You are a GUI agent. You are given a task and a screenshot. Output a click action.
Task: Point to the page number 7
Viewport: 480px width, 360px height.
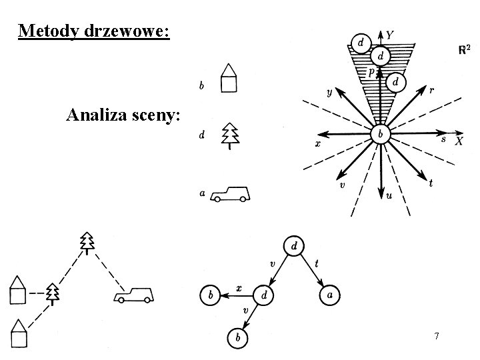click(436, 337)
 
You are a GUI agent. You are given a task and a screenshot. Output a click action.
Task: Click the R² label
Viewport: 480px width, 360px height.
click(465, 50)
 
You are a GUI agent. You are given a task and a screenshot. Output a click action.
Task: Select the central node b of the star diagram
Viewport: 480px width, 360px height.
click(380, 134)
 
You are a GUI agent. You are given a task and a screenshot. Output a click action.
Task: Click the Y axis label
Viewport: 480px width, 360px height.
click(390, 35)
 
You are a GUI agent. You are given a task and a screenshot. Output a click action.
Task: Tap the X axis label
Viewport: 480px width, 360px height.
click(459, 141)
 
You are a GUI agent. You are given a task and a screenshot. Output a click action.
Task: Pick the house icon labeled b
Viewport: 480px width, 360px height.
click(229, 79)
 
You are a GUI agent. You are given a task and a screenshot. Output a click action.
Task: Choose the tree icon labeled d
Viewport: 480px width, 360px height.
click(230, 135)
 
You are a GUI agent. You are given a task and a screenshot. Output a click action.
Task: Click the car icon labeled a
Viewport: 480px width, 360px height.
click(231, 194)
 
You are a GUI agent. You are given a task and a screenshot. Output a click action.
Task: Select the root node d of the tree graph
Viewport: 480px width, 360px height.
click(294, 246)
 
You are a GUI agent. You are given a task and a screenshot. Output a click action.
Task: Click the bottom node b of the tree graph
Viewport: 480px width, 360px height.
click(237, 339)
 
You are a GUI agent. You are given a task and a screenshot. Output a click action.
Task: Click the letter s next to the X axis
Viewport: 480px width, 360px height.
click(443, 139)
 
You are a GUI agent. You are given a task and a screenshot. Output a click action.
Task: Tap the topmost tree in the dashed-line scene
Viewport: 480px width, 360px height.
click(87, 243)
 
